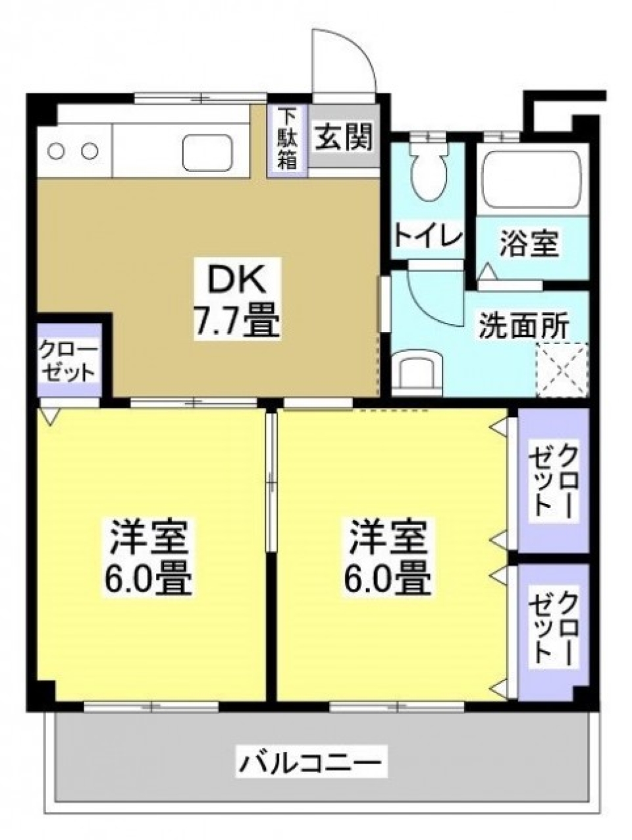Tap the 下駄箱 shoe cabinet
coord(286,139)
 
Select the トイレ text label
coord(428,236)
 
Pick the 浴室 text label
coord(530,243)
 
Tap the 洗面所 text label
coord(523,325)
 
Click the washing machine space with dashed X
coord(562,370)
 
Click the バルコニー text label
coord(309,764)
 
